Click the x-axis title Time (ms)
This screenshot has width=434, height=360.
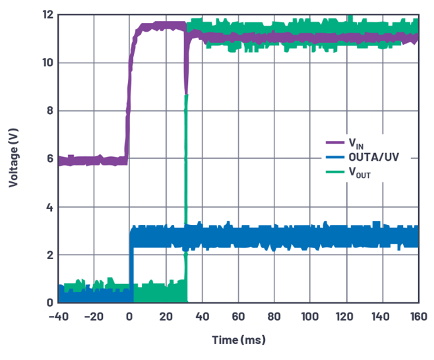pyautogui.click(x=239, y=340)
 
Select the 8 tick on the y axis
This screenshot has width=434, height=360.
pyautogui.click(x=49, y=111)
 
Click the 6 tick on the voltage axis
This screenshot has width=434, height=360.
pyautogui.click(x=49, y=159)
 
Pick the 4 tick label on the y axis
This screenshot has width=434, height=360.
pyautogui.click(x=49, y=207)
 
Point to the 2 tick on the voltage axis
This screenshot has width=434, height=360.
pyautogui.click(x=49, y=255)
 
